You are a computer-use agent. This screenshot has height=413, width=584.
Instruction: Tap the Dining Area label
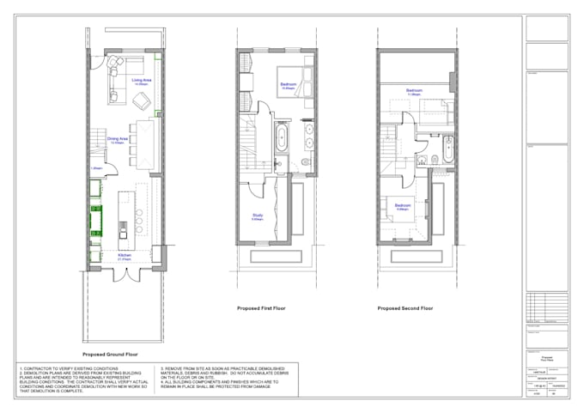click(x=117, y=139)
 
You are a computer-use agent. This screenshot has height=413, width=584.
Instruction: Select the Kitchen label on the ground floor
click(x=125, y=255)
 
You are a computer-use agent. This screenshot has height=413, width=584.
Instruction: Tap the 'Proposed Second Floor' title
click(x=406, y=307)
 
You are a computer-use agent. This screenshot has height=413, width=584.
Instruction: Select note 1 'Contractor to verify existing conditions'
click(x=61, y=367)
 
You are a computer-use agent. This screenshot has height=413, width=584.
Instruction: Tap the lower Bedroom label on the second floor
click(x=402, y=207)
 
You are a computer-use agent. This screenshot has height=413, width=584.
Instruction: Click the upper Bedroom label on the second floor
click(x=414, y=90)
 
